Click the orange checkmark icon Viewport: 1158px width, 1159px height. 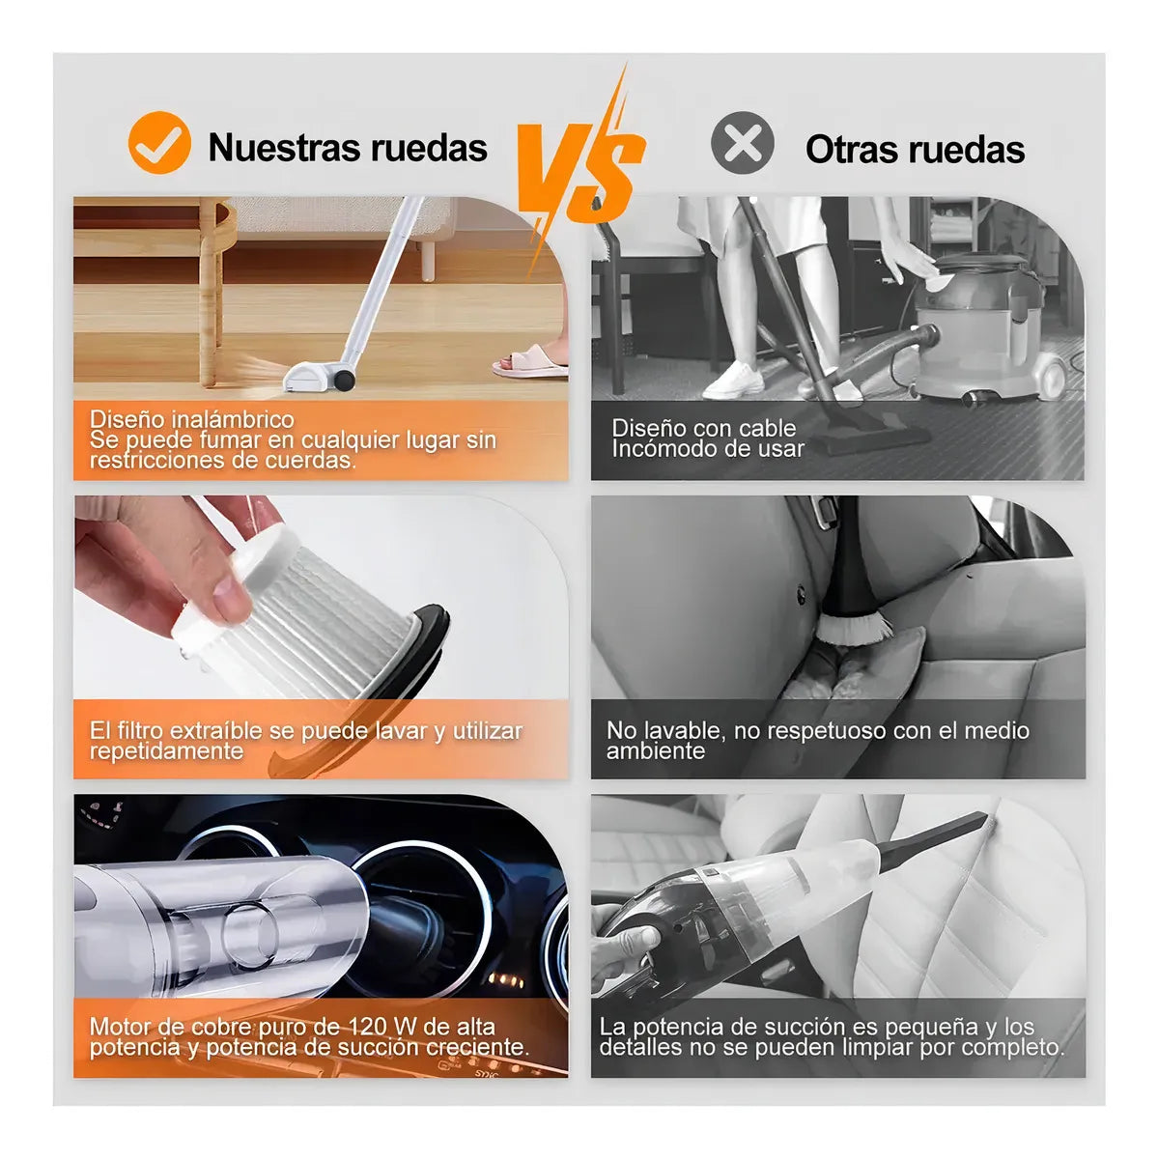(159, 143)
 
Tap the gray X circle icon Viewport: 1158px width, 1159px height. (742, 143)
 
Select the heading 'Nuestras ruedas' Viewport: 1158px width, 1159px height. (348, 148)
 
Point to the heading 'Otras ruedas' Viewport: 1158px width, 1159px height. (915, 150)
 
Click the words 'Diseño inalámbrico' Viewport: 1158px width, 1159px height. (191, 419)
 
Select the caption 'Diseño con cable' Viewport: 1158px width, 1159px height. (703, 428)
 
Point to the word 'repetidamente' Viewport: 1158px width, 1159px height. (166, 751)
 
